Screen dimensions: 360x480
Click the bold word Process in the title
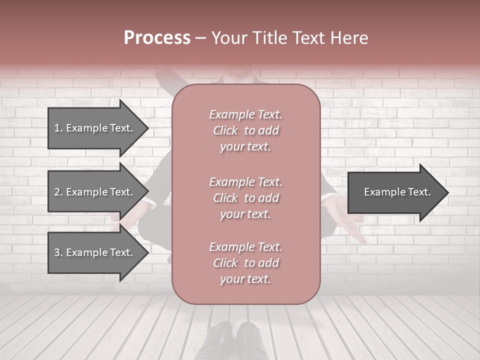click(157, 38)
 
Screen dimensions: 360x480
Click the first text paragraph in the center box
click(245, 130)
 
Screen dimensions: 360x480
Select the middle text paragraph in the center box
click(245, 198)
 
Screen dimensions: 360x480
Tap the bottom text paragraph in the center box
click(245, 263)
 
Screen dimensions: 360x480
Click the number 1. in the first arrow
click(58, 128)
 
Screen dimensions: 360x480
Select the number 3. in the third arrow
click(58, 252)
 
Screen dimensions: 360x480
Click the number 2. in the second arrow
click(58, 192)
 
